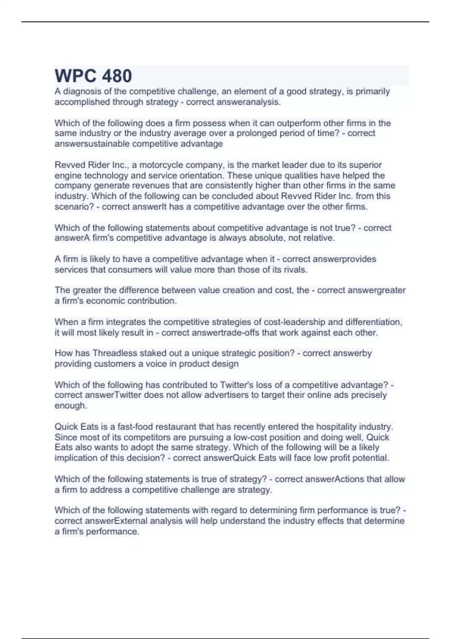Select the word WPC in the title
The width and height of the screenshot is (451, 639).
[74, 76]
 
